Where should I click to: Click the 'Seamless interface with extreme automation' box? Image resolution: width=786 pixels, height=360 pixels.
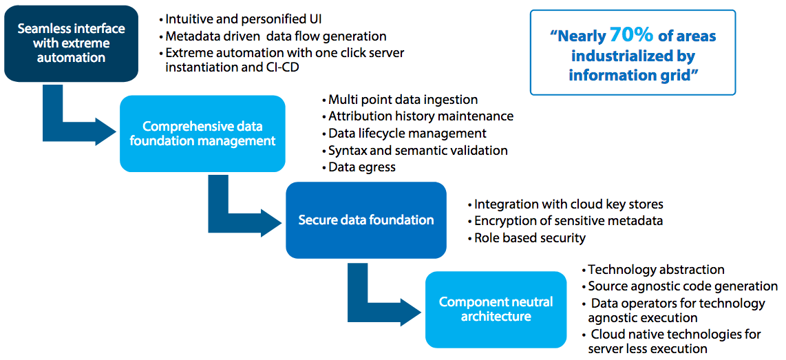[x=71, y=43]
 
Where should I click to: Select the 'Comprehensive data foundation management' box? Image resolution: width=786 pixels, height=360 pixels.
[x=202, y=134]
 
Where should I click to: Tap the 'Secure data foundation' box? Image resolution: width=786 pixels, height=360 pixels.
[x=365, y=220]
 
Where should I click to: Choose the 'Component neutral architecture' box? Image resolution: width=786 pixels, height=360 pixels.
[x=496, y=310]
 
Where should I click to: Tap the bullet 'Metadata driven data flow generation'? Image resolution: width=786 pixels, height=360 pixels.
[x=275, y=36]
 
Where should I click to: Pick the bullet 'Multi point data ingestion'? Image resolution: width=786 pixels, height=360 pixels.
[x=403, y=100]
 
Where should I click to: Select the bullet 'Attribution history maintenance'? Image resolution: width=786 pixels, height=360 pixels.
[x=421, y=116]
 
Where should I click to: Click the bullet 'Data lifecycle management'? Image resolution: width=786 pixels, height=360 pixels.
[x=407, y=133]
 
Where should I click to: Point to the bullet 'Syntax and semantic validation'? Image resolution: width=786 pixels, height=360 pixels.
[x=418, y=150]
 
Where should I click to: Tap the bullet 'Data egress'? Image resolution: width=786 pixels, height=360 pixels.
[x=361, y=167]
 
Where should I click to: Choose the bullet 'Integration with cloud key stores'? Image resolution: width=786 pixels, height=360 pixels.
[x=569, y=204]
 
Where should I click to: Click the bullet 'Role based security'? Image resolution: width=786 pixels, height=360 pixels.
[x=530, y=237]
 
